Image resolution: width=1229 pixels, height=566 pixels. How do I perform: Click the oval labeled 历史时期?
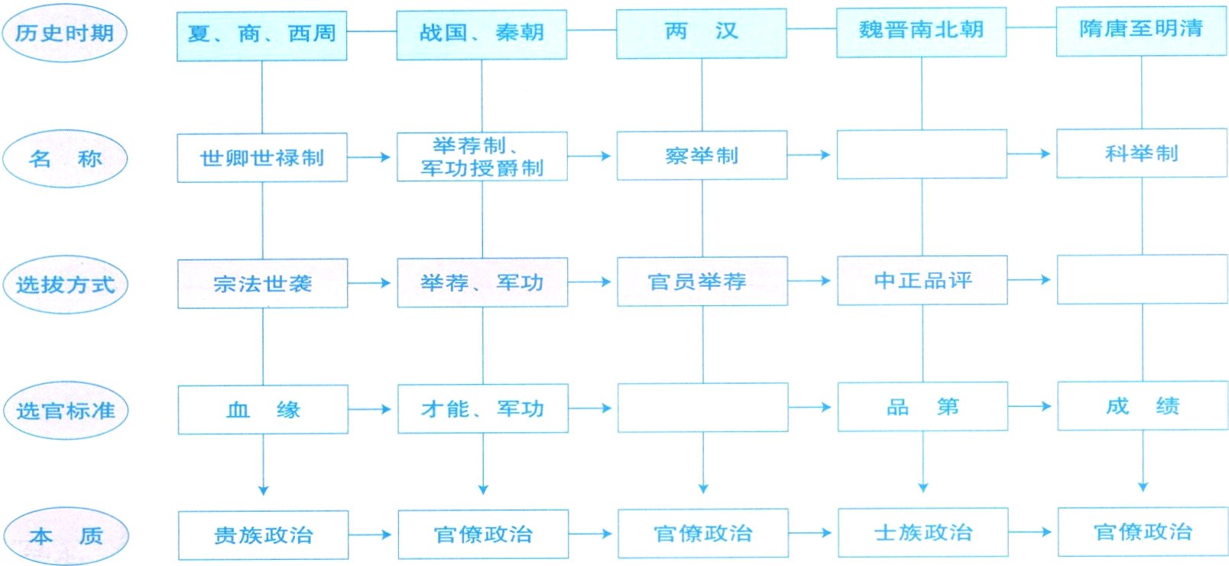(64, 33)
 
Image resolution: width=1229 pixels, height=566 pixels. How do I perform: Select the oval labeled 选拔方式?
(65, 285)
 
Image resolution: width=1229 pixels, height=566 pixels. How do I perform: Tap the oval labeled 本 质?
(66, 535)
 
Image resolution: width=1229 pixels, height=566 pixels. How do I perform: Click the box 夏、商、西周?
(261, 35)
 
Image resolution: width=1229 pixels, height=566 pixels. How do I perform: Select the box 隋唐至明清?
(1141, 31)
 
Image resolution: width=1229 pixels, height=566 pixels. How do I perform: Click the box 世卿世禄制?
(262, 158)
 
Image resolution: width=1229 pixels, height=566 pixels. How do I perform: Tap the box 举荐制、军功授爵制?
(482, 157)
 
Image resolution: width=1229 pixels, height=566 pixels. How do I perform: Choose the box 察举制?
(702, 155)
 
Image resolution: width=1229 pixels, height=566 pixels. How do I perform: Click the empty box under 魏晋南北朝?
(922, 155)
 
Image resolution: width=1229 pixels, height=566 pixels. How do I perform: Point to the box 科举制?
(1141, 154)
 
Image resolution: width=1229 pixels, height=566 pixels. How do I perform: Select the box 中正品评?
(923, 281)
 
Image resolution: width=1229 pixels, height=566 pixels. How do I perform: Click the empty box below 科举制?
(1142, 280)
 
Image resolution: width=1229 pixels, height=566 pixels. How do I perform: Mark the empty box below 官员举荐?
(702, 408)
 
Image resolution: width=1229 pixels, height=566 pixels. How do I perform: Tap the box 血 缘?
(263, 409)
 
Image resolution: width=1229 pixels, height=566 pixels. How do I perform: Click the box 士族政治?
(923, 532)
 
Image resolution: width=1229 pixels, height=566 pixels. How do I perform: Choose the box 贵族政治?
(263, 535)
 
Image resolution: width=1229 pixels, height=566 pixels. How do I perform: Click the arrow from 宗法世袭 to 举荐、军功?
(371, 283)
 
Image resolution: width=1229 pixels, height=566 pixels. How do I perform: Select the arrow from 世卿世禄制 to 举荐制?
(371, 158)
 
